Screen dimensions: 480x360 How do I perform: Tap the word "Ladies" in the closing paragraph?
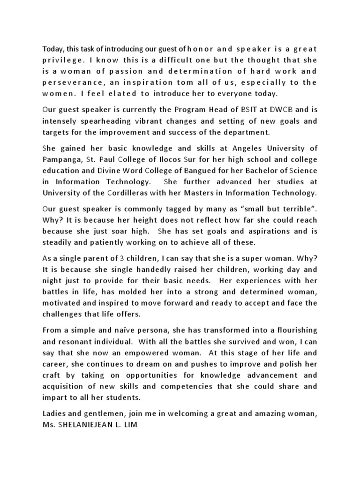coord(54,414)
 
